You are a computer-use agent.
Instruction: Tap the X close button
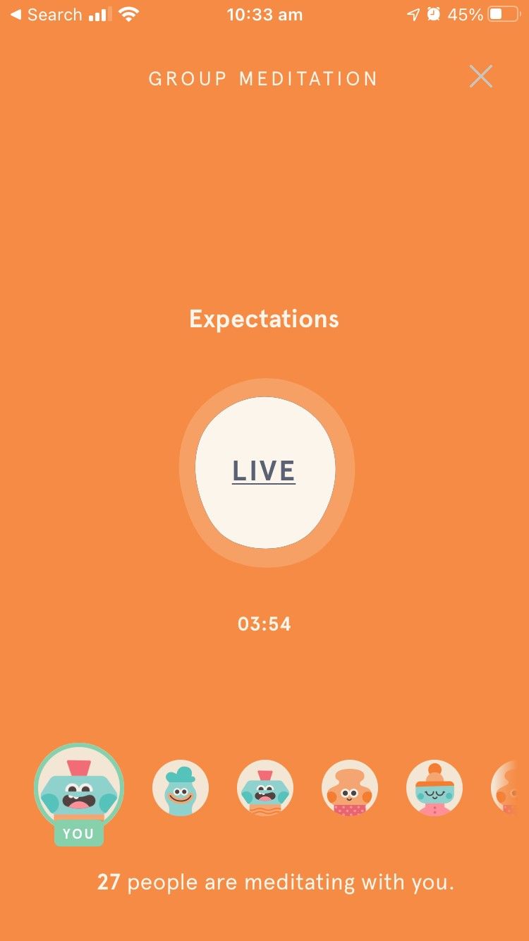pos(481,76)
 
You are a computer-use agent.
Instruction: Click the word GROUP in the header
pos(187,78)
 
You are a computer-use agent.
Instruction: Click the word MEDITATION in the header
pos(308,78)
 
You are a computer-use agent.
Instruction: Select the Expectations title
pos(264,319)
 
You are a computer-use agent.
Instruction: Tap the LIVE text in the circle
pos(264,471)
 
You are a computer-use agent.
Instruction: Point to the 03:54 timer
pos(264,624)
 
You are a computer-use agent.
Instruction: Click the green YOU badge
pos(78,834)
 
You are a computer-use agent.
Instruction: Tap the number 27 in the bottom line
pos(109,882)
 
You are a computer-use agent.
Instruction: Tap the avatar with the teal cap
pos(181,788)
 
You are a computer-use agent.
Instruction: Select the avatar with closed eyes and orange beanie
pos(434,788)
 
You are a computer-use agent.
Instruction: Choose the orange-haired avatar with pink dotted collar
pos(350,788)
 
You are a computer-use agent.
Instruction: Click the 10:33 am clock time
pos(264,15)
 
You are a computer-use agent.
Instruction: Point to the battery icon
pos(503,15)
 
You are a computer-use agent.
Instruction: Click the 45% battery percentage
pos(466,15)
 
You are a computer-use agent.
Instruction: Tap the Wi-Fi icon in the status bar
pos(128,15)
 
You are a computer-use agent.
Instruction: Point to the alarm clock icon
pos(434,15)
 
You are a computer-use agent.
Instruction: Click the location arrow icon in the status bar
pos(413,15)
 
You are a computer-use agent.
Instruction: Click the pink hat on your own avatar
pos(78,767)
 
